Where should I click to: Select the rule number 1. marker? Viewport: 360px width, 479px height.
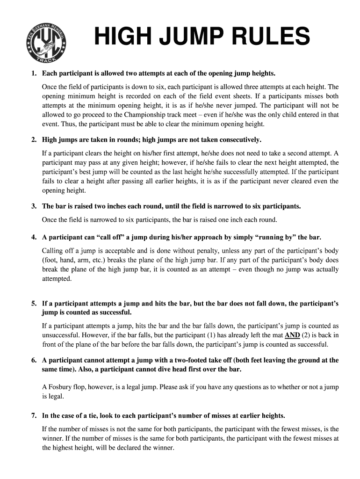point(34,74)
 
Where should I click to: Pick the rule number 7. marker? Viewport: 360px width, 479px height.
point(34,416)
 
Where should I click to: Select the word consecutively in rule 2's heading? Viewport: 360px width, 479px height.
point(237,140)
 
